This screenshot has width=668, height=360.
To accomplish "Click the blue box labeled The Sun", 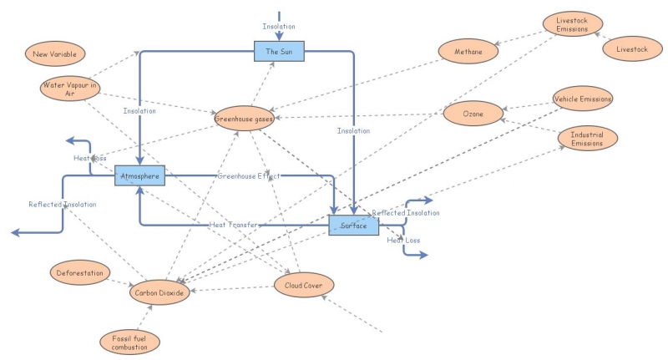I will point(279,52).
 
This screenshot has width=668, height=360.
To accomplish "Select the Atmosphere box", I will point(139,176).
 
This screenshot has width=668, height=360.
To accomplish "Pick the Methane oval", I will point(468,52).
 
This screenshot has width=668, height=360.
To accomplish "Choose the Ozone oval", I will point(472,112).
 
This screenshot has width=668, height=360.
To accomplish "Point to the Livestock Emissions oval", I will point(572,24).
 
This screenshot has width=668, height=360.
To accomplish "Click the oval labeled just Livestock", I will point(631,49).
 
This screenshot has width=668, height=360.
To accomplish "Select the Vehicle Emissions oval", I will point(583,99).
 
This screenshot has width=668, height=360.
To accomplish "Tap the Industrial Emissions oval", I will point(587,138).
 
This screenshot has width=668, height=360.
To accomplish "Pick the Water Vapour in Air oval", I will point(70,89).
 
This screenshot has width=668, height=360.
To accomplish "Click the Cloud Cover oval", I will point(304,286).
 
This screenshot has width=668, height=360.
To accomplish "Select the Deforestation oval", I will point(80,273).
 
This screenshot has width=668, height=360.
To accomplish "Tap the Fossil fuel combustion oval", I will point(129,341).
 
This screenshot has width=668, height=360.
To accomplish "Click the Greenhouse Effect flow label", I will point(248,176).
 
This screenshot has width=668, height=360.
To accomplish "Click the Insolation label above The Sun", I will point(278,26).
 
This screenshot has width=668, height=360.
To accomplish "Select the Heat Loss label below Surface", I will point(403,241).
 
